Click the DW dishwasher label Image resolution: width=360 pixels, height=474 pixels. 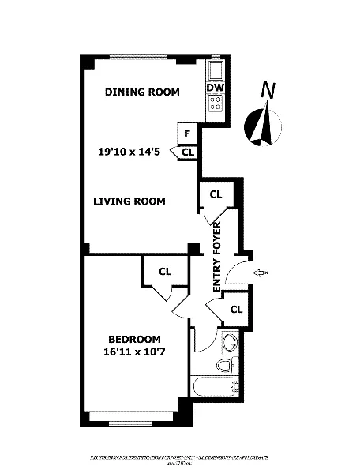coord(216,88)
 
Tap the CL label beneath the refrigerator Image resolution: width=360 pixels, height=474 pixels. coord(188,152)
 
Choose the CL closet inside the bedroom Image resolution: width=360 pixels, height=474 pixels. coord(165,272)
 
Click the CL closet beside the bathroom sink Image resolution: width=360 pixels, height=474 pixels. coord(235,309)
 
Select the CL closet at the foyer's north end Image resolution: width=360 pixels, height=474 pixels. coord(215,194)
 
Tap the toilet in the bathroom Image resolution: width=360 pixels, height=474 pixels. coord(227,365)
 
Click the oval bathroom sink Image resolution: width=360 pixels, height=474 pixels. coord(228,342)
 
